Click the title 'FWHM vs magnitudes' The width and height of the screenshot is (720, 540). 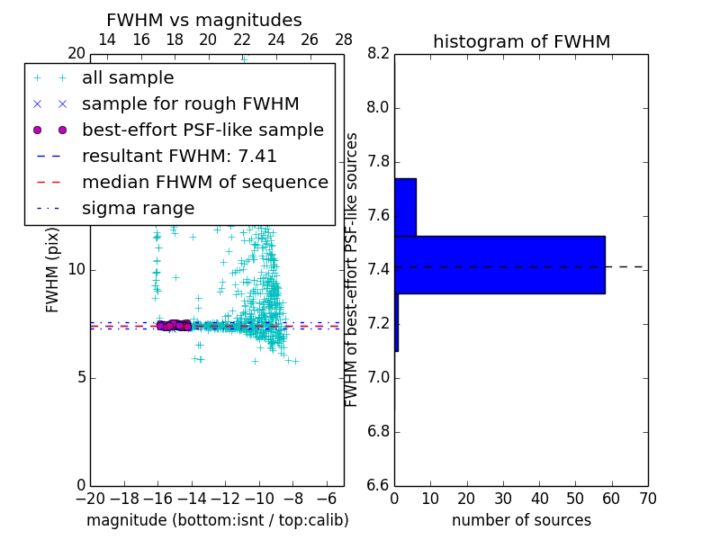click(204, 20)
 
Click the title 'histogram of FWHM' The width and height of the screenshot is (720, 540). click(521, 41)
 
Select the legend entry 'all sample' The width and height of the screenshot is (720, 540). click(128, 78)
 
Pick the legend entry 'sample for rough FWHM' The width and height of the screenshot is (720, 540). click(190, 104)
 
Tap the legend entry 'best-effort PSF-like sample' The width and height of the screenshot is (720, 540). click(202, 130)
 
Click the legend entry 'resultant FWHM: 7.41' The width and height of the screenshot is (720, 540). click(179, 157)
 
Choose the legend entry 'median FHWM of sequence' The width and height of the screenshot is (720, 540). click(204, 183)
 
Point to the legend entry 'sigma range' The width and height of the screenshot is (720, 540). click(138, 209)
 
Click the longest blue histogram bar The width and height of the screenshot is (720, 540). click(499, 265)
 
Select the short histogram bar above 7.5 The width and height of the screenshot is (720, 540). click(405, 207)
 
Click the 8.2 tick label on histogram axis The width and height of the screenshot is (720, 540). click(378, 54)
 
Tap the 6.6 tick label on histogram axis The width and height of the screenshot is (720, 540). click(378, 485)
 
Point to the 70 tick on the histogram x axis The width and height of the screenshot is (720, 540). click(647, 499)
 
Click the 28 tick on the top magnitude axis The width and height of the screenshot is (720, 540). click(344, 40)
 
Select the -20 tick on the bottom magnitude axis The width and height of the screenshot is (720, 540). click(90, 499)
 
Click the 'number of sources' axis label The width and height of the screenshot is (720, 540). click(521, 520)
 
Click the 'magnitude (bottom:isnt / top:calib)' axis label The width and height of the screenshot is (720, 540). click(217, 520)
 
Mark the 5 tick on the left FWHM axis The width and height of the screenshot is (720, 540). click(80, 377)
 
